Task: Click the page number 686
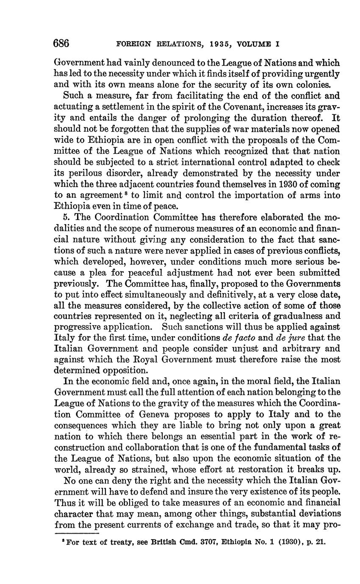coord(61,44)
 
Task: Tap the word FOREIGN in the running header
coord(131,44)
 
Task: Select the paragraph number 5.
coord(66,217)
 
